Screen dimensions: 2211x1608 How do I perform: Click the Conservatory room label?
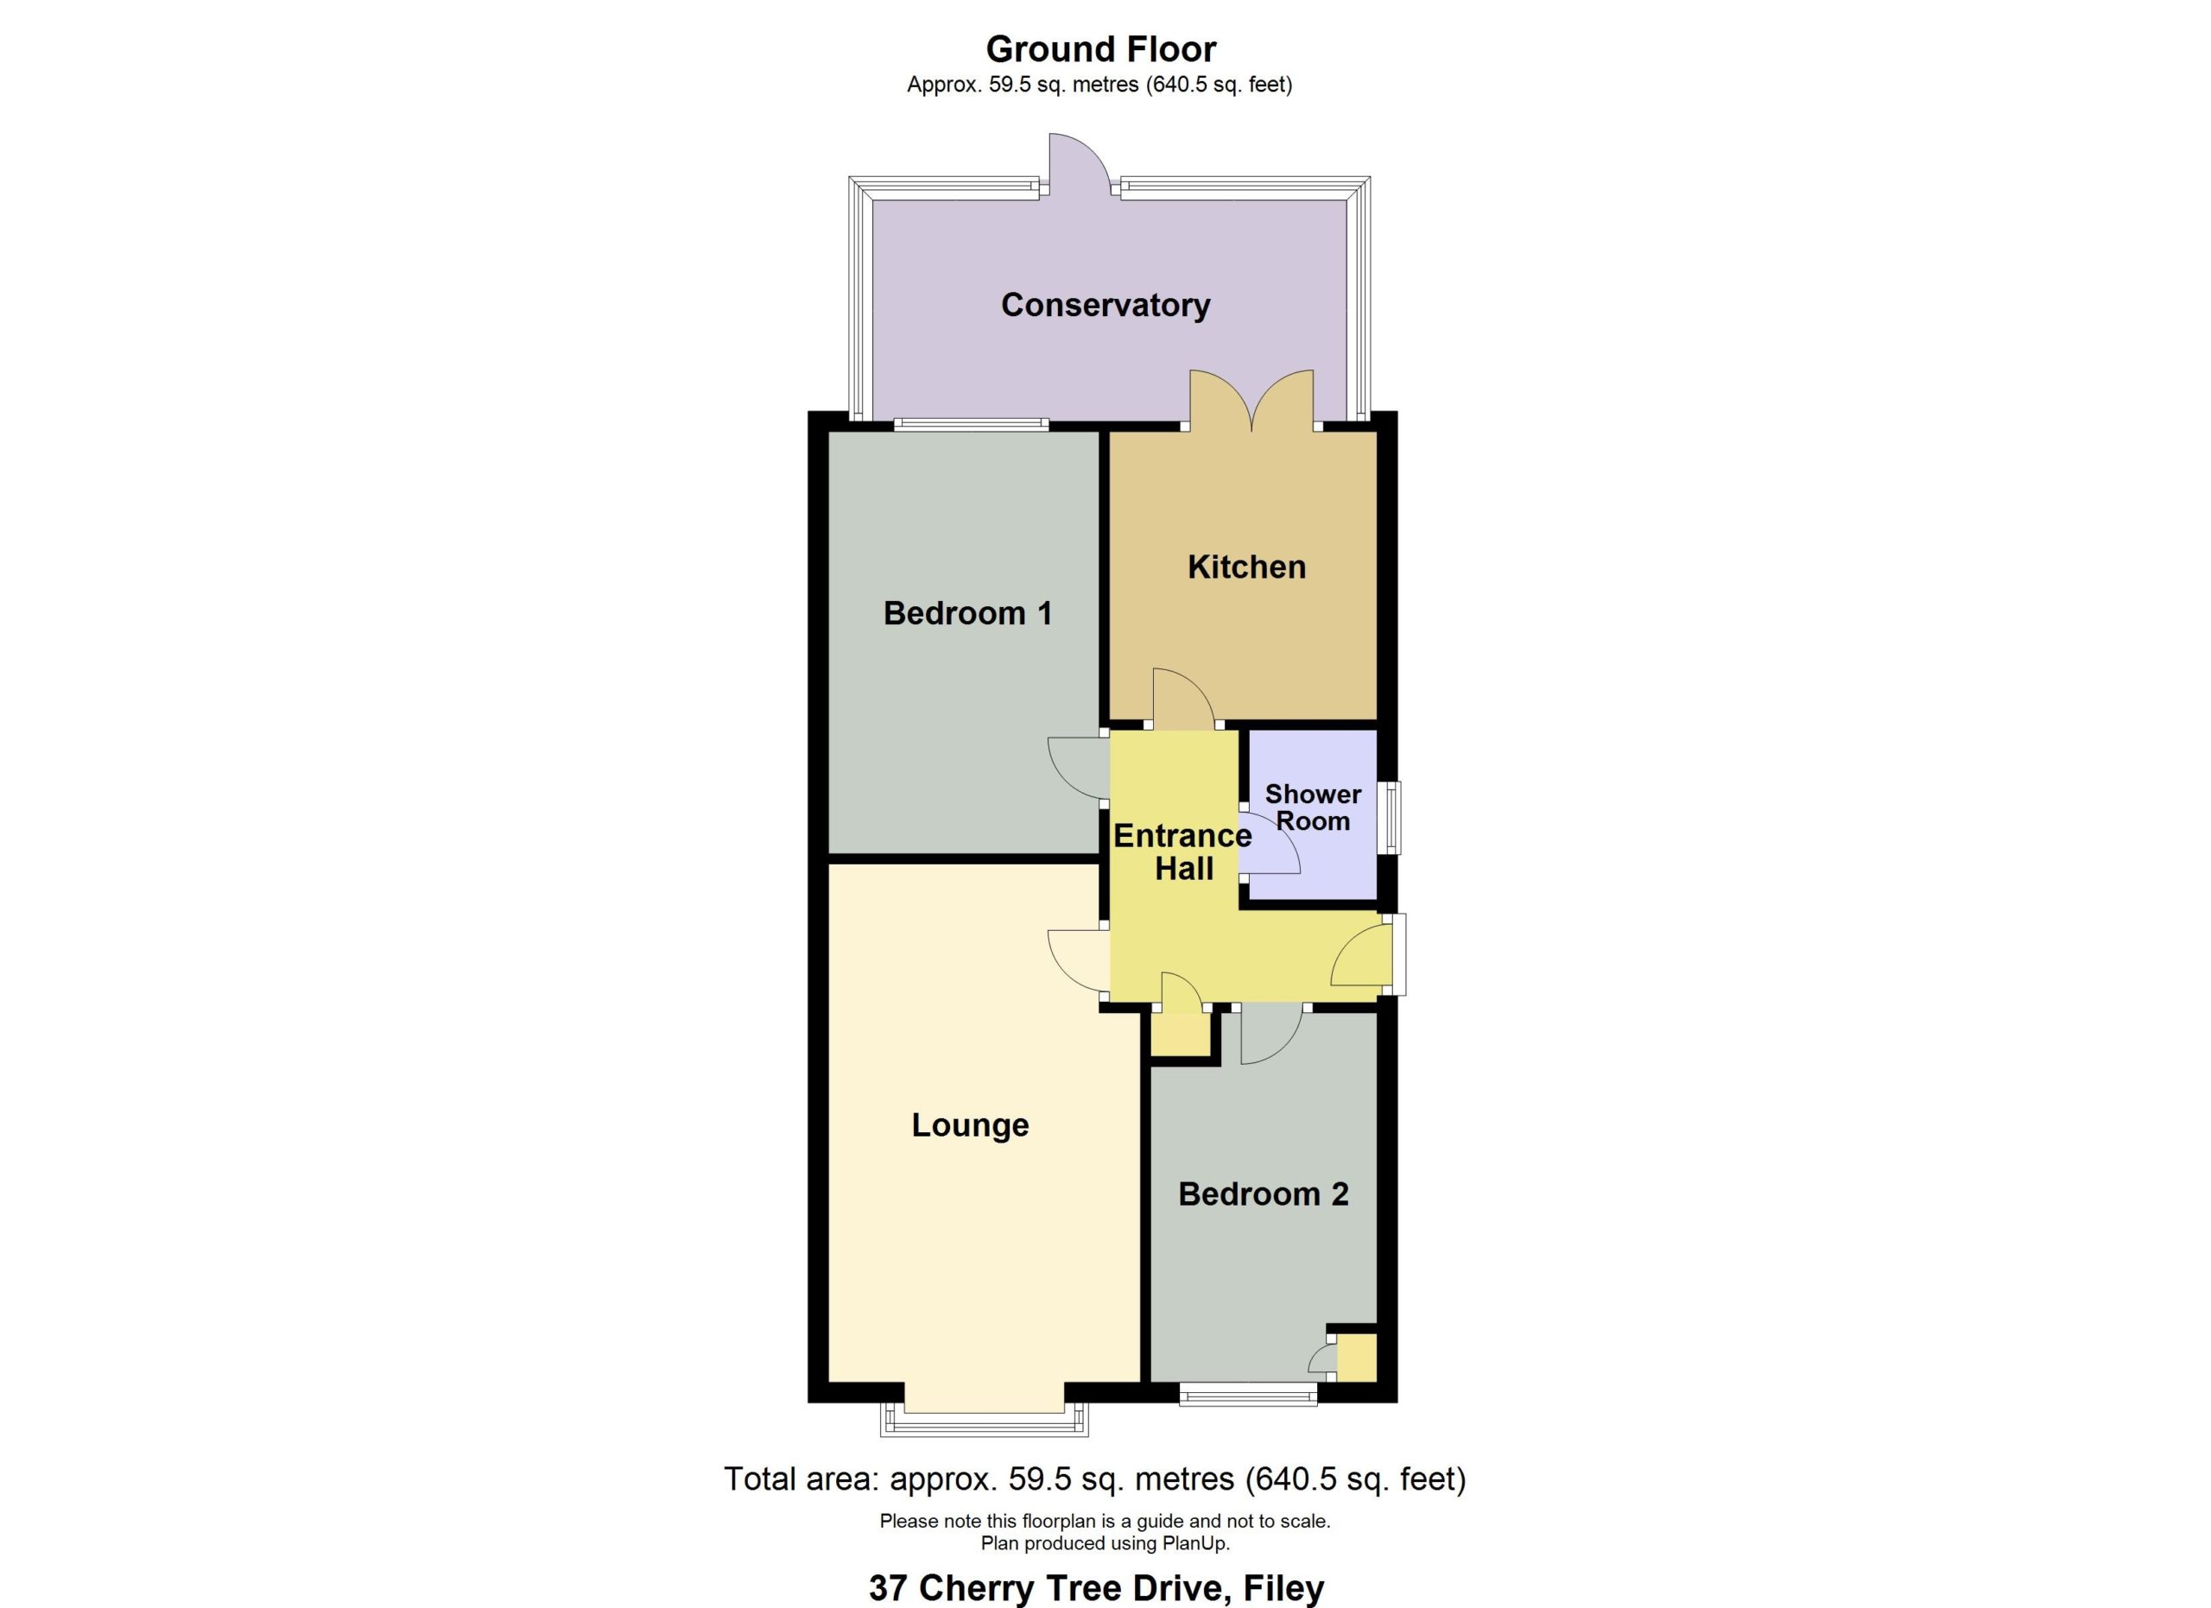(x=1105, y=305)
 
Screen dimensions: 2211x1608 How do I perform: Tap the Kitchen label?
(x=1246, y=567)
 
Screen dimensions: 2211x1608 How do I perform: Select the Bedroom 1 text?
(x=967, y=613)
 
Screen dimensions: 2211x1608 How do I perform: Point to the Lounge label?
(x=970, y=1124)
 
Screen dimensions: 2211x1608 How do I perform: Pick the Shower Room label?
(x=1313, y=808)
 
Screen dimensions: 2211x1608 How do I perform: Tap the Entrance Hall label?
(x=1182, y=851)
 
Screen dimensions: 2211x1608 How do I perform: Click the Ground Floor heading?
(x=1100, y=48)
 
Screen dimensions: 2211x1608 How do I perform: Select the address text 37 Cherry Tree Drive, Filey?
(x=1097, y=1587)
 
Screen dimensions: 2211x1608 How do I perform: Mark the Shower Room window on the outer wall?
(x=1393, y=818)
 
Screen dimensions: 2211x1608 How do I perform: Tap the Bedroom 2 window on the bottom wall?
(x=1248, y=1396)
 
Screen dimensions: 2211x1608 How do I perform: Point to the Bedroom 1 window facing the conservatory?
(x=972, y=424)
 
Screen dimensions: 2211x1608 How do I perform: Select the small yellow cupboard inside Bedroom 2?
(x=1356, y=1358)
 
